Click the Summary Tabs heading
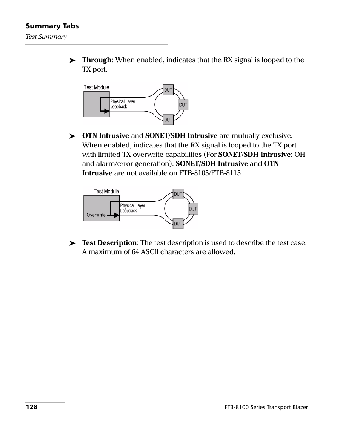click(x=52, y=26)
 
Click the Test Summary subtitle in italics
click(x=46, y=37)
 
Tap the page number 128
click(x=31, y=407)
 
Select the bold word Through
click(x=97, y=60)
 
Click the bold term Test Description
click(x=109, y=243)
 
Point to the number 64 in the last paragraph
click(x=135, y=252)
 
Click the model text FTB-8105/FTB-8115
click(x=211, y=173)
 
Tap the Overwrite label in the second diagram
click(x=96, y=215)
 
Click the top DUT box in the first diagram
click(x=168, y=90)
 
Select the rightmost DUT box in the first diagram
click(x=183, y=105)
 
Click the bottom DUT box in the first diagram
click(x=168, y=120)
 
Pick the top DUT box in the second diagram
click(x=178, y=194)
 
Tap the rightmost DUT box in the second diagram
click(x=193, y=209)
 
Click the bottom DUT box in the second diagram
click(x=178, y=224)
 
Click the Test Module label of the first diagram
click(x=96, y=87)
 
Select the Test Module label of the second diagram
click(x=106, y=192)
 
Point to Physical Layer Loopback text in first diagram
click(x=122, y=104)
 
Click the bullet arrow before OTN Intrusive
click(x=73, y=136)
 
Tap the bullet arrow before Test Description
click(x=73, y=244)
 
